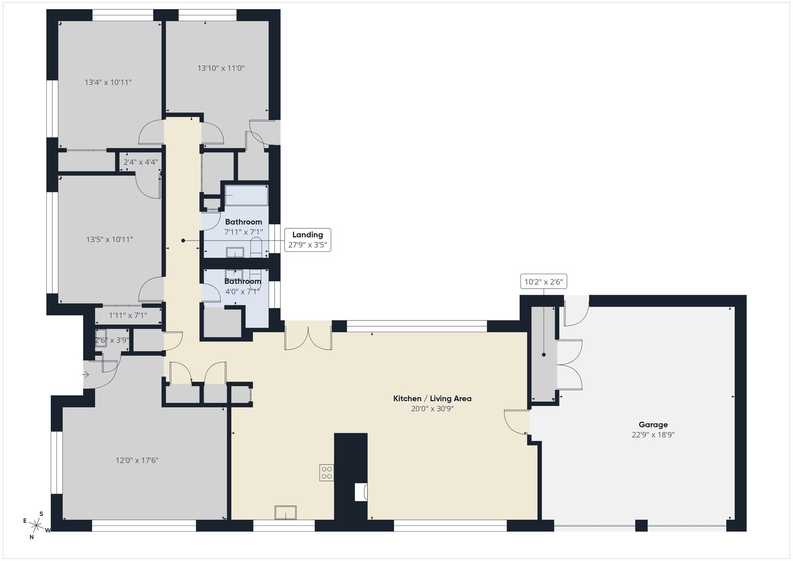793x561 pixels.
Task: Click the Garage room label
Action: (x=653, y=424)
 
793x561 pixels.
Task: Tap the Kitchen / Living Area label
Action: (x=432, y=398)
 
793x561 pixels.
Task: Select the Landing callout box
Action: (x=308, y=240)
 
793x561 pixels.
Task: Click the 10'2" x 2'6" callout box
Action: (x=544, y=282)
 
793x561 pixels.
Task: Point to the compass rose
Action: (x=37, y=525)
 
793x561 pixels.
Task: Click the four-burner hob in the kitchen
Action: (x=326, y=473)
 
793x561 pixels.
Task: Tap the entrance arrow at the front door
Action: (x=86, y=375)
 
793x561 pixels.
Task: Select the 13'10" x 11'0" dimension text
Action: (x=221, y=68)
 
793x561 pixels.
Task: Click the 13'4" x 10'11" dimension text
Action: (x=108, y=82)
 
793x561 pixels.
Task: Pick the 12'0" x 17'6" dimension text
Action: (x=137, y=460)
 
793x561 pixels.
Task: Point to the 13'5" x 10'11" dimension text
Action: (x=109, y=239)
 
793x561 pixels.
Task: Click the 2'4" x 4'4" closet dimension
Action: (x=140, y=162)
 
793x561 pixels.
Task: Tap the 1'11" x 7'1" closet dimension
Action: (x=128, y=316)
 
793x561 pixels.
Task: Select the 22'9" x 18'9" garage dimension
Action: (x=653, y=435)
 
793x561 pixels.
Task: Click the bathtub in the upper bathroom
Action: (x=246, y=195)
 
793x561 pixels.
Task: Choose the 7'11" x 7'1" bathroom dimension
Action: (x=244, y=232)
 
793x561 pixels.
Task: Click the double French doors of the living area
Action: (x=308, y=337)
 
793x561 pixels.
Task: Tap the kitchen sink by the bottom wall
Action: (x=285, y=512)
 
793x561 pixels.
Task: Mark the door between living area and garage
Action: (x=517, y=422)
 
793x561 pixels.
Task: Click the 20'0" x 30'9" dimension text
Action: (x=432, y=409)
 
